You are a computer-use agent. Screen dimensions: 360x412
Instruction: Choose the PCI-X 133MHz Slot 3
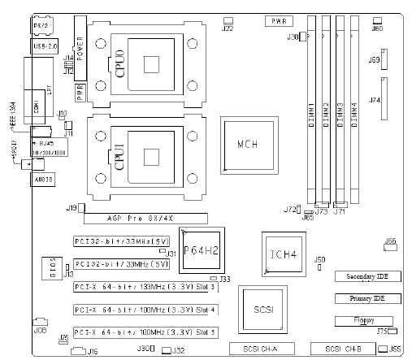[145, 287]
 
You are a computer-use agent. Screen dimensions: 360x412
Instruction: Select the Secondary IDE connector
[364, 277]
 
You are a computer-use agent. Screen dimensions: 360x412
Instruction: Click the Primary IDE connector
[364, 299]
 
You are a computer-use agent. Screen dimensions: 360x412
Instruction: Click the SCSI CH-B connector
[345, 349]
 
